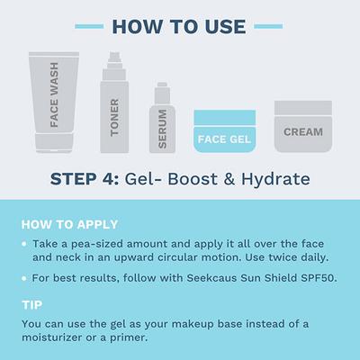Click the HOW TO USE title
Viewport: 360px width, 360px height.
180,23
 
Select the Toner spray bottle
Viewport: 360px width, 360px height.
115,108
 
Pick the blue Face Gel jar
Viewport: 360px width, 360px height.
225,131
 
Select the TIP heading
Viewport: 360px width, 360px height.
31,304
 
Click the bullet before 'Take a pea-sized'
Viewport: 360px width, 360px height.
23,244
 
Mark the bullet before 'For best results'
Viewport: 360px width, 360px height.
23,278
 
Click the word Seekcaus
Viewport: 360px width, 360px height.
205,278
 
